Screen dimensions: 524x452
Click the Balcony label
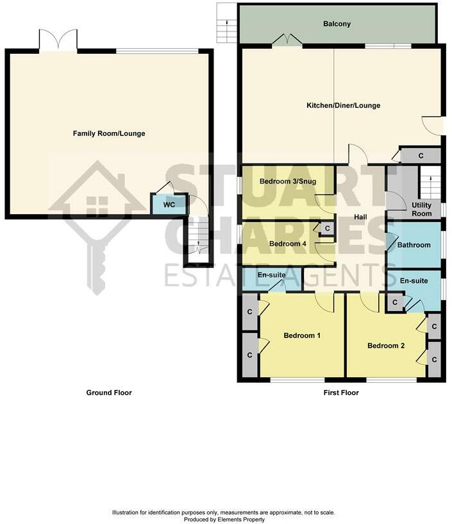[x=337, y=24]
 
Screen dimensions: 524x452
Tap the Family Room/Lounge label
[x=109, y=133]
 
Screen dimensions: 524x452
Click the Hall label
[x=360, y=217]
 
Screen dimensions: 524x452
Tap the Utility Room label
[x=422, y=209]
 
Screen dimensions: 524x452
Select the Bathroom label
[x=414, y=245]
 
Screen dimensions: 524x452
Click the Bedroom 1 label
[x=303, y=335]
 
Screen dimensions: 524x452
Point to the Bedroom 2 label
[x=386, y=346]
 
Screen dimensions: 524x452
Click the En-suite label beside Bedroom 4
[x=271, y=275]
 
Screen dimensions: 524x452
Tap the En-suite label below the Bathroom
[x=414, y=282]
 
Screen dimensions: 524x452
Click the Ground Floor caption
[x=109, y=393]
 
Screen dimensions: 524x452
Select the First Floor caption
[x=341, y=393]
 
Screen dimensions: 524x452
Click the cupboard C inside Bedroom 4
[x=327, y=228]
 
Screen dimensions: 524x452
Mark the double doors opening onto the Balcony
[x=287, y=40]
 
